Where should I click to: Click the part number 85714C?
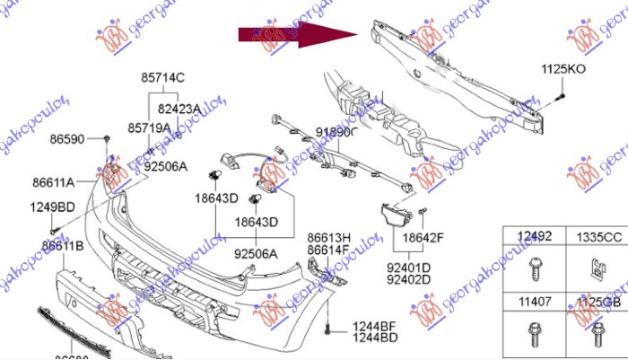pyautogui.click(x=163, y=77)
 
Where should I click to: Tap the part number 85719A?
pyautogui.click(x=149, y=128)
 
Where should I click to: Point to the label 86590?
pyautogui.click(x=68, y=141)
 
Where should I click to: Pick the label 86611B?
pyautogui.click(x=63, y=245)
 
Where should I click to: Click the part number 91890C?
pyautogui.click(x=336, y=132)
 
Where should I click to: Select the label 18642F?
pyautogui.click(x=423, y=238)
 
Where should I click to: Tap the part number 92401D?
pyautogui.click(x=408, y=267)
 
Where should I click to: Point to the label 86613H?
pyautogui.click(x=329, y=239)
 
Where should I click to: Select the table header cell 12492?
pyautogui.click(x=534, y=237)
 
